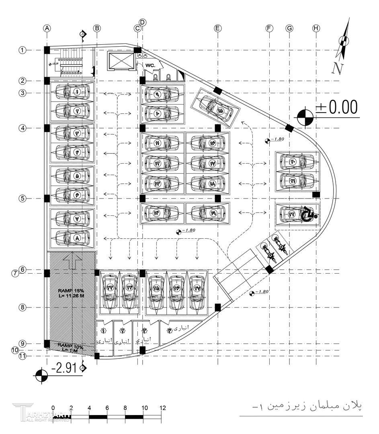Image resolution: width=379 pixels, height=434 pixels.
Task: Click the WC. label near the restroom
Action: [151, 65]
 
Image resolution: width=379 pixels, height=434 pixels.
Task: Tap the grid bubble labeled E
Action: [217, 28]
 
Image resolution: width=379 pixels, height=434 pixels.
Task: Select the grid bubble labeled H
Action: [316, 28]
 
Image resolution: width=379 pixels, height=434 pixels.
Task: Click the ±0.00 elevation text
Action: [336, 107]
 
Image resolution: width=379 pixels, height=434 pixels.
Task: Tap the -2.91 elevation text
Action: [64, 368]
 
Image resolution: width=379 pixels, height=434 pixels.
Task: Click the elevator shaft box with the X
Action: [120, 61]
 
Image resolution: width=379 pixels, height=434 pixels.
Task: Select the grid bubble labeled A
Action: [47, 28]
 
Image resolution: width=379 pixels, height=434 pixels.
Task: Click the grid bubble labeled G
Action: [289, 28]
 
